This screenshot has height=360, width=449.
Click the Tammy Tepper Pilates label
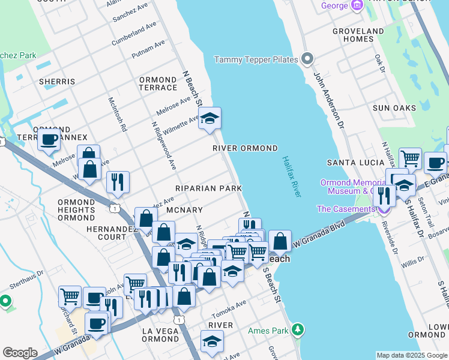[257, 59]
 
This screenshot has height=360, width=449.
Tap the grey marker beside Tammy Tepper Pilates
[308, 59]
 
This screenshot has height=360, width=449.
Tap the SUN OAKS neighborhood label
[394, 108]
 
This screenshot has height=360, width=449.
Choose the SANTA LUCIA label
[355, 163]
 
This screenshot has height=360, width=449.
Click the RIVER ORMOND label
[245, 148]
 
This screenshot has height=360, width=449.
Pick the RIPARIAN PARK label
[208, 188]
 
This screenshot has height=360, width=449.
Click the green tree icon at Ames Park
[297, 329]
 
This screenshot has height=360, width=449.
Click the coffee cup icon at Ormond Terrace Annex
[49, 139]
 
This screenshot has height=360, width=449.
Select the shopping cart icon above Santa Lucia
[410, 158]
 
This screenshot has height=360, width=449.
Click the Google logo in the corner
[20, 353]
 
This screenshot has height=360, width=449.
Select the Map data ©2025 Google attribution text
[411, 355]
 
